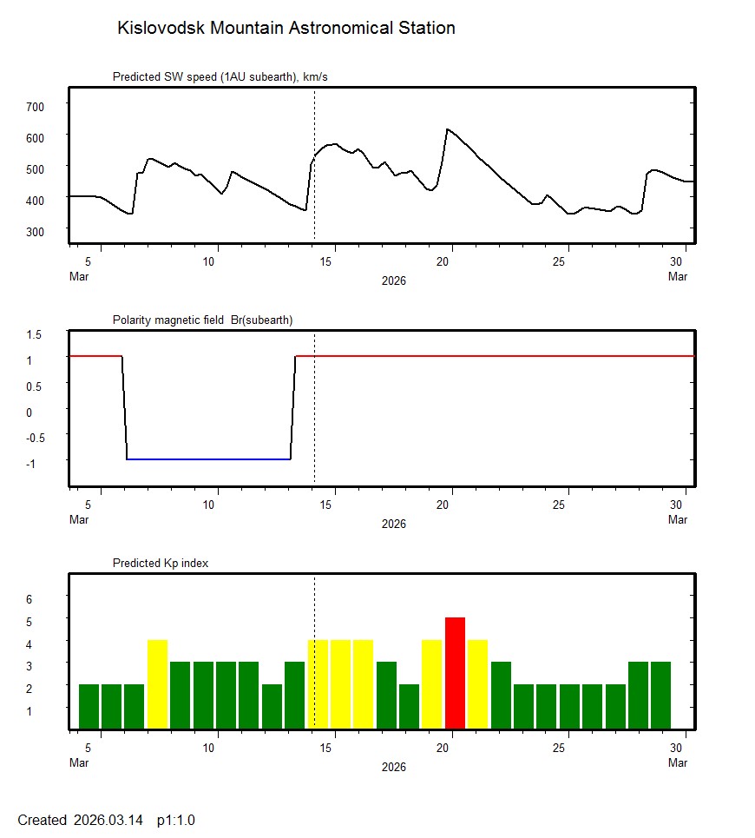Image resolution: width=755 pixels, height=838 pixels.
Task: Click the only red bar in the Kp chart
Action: [x=455, y=672]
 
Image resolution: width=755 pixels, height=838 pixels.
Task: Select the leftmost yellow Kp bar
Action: [x=157, y=683]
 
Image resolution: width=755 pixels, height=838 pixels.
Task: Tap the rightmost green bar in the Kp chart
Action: [x=661, y=695]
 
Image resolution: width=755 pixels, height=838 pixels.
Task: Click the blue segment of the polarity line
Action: [x=208, y=459]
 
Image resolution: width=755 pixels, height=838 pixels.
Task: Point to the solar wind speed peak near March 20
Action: [x=447, y=129]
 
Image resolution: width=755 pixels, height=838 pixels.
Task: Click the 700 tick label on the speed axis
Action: [x=35, y=106]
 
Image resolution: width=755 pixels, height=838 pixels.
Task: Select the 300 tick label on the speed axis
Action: [x=35, y=231]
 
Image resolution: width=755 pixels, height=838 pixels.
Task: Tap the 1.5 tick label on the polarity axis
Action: [x=35, y=334]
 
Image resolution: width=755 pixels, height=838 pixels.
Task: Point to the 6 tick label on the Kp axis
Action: [x=29, y=599]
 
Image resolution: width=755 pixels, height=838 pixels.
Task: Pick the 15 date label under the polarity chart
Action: [x=334, y=505]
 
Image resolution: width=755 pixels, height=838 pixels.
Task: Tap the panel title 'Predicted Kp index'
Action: [x=161, y=563]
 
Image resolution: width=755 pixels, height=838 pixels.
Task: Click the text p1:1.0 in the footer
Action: [x=175, y=820]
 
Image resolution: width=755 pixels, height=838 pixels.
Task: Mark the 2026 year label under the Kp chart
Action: [x=393, y=767]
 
